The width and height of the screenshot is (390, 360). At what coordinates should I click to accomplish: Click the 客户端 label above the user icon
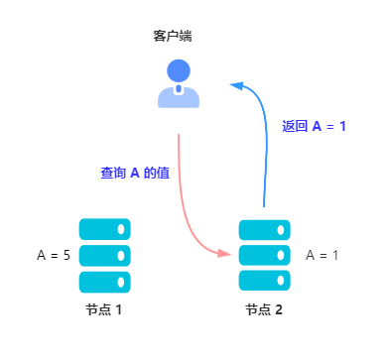(173, 36)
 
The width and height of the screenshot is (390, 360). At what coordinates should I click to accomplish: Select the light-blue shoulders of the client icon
(179, 97)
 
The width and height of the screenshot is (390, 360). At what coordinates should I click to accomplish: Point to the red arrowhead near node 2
(225, 254)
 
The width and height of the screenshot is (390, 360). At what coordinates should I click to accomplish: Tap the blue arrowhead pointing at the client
(236, 85)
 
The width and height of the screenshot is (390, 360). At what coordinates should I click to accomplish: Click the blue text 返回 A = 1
(314, 126)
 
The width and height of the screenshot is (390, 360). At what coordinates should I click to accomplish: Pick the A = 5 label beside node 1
(54, 255)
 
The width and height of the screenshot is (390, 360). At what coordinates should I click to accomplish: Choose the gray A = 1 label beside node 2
(323, 255)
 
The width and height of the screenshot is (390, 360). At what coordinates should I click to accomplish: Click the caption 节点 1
(103, 309)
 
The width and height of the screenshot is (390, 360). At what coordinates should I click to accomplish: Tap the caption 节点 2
(264, 309)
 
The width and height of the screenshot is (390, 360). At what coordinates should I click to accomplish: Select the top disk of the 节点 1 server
(104, 229)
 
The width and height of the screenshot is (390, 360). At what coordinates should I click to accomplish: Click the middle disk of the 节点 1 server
(104, 255)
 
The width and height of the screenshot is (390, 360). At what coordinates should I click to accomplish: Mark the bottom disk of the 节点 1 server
(104, 281)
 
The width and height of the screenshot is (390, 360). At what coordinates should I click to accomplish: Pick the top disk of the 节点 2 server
(264, 229)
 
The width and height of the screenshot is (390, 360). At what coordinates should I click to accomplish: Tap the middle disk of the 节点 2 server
(264, 255)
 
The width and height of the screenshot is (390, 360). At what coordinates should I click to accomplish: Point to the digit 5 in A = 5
(66, 255)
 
